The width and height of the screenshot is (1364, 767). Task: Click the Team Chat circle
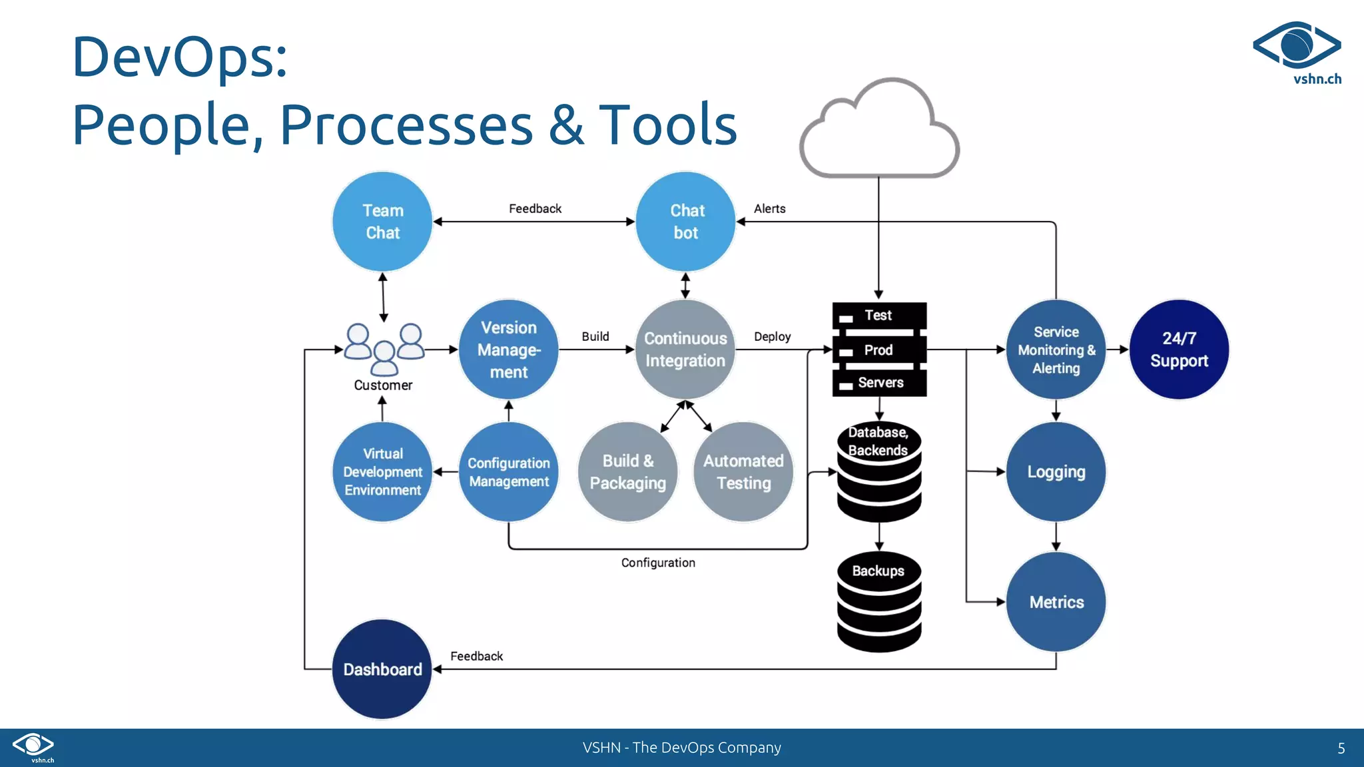point(382,222)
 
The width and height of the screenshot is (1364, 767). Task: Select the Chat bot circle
point(685,222)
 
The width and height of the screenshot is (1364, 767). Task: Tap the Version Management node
point(509,350)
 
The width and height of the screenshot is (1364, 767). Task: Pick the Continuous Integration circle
point(685,350)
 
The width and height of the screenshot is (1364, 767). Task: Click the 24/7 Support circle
point(1179,350)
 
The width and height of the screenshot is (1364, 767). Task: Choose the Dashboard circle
point(382,669)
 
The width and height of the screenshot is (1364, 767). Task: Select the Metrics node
point(1056,602)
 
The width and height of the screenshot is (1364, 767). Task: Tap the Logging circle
point(1056,471)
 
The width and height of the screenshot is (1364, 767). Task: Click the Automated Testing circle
point(743,471)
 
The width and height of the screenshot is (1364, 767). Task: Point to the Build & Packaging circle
point(627,471)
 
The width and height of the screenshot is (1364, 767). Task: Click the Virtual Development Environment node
point(382,471)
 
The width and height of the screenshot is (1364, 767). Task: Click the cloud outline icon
point(879,130)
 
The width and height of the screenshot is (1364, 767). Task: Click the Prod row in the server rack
point(879,350)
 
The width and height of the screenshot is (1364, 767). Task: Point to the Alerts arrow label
point(769,208)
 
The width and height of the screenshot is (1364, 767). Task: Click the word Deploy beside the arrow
point(772,336)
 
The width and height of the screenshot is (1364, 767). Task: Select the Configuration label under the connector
point(658,563)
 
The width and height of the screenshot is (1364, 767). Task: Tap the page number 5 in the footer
point(1341,748)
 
